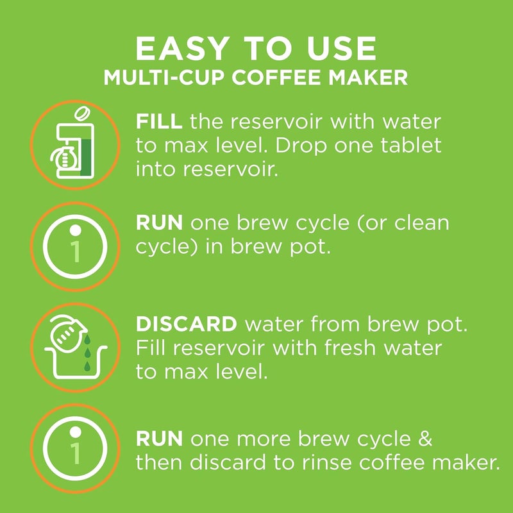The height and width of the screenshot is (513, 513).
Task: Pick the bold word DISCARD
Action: [x=187, y=324]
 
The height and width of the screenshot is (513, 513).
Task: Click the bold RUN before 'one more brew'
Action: [x=160, y=440]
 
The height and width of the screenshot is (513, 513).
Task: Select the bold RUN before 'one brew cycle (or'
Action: [x=160, y=223]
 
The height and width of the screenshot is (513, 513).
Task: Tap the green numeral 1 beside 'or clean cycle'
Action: [x=76, y=251]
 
